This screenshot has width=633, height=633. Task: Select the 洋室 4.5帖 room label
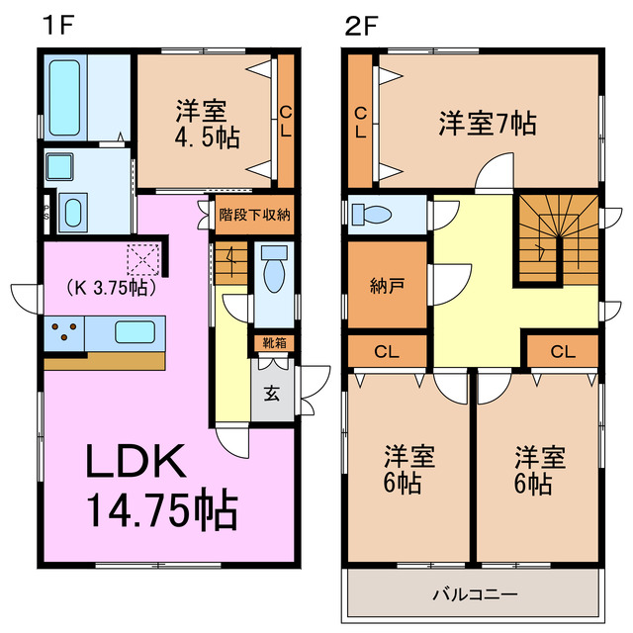pos(206,123)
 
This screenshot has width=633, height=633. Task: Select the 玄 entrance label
pos(271,389)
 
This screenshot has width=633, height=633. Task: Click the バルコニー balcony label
pos(476,593)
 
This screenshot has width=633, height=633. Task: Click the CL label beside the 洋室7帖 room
pos(360,121)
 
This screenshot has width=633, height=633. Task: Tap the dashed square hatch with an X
pos(143,260)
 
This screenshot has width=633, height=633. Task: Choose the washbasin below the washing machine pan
pos(73,211)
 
